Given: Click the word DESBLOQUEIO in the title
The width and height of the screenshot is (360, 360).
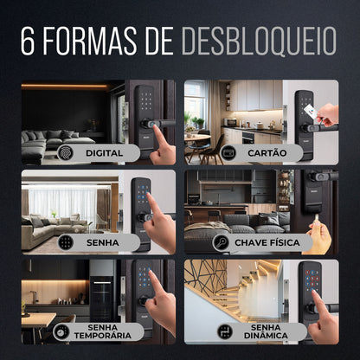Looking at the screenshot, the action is click(259, 41).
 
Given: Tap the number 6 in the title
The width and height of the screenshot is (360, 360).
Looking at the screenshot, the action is click(28, 41).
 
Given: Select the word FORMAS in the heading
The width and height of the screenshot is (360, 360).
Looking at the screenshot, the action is click(90, 41).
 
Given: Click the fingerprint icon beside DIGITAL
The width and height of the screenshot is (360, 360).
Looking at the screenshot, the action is click(65, 152).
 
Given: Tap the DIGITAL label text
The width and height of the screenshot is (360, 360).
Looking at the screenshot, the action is click(104, 153).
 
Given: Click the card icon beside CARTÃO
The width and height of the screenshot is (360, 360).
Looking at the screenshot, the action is click(228, 152).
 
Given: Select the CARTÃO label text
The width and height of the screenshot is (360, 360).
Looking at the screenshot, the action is click(267, 152).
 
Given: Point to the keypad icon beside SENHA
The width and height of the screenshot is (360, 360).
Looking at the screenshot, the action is click(66, 242).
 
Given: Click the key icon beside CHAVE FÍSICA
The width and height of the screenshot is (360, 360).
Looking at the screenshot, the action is click(221, 242).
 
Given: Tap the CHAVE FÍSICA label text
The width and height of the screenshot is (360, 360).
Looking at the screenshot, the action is click(267, 242).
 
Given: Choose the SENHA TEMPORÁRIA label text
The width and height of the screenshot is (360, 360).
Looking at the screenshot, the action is click(103, 331).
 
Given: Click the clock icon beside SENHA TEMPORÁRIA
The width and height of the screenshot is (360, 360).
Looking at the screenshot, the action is click(61, 331).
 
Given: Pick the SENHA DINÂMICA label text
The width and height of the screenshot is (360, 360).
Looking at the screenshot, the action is click(266, 331).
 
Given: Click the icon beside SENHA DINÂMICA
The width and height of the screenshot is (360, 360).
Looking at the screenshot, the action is click(225, 331).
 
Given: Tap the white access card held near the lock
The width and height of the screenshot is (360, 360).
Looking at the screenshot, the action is click(311, 112).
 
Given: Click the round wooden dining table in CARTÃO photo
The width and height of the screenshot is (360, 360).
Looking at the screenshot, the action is click(197, 138).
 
